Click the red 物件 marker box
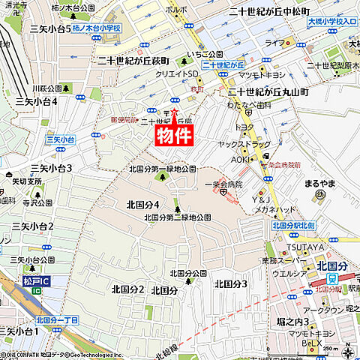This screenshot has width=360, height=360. [175, 134]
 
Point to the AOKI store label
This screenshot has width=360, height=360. [241, 159]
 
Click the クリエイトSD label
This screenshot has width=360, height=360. [177, 73]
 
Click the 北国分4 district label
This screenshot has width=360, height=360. [142, 203]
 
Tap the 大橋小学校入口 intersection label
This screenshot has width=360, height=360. [334, 32]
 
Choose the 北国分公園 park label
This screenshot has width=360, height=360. [188, 272]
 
